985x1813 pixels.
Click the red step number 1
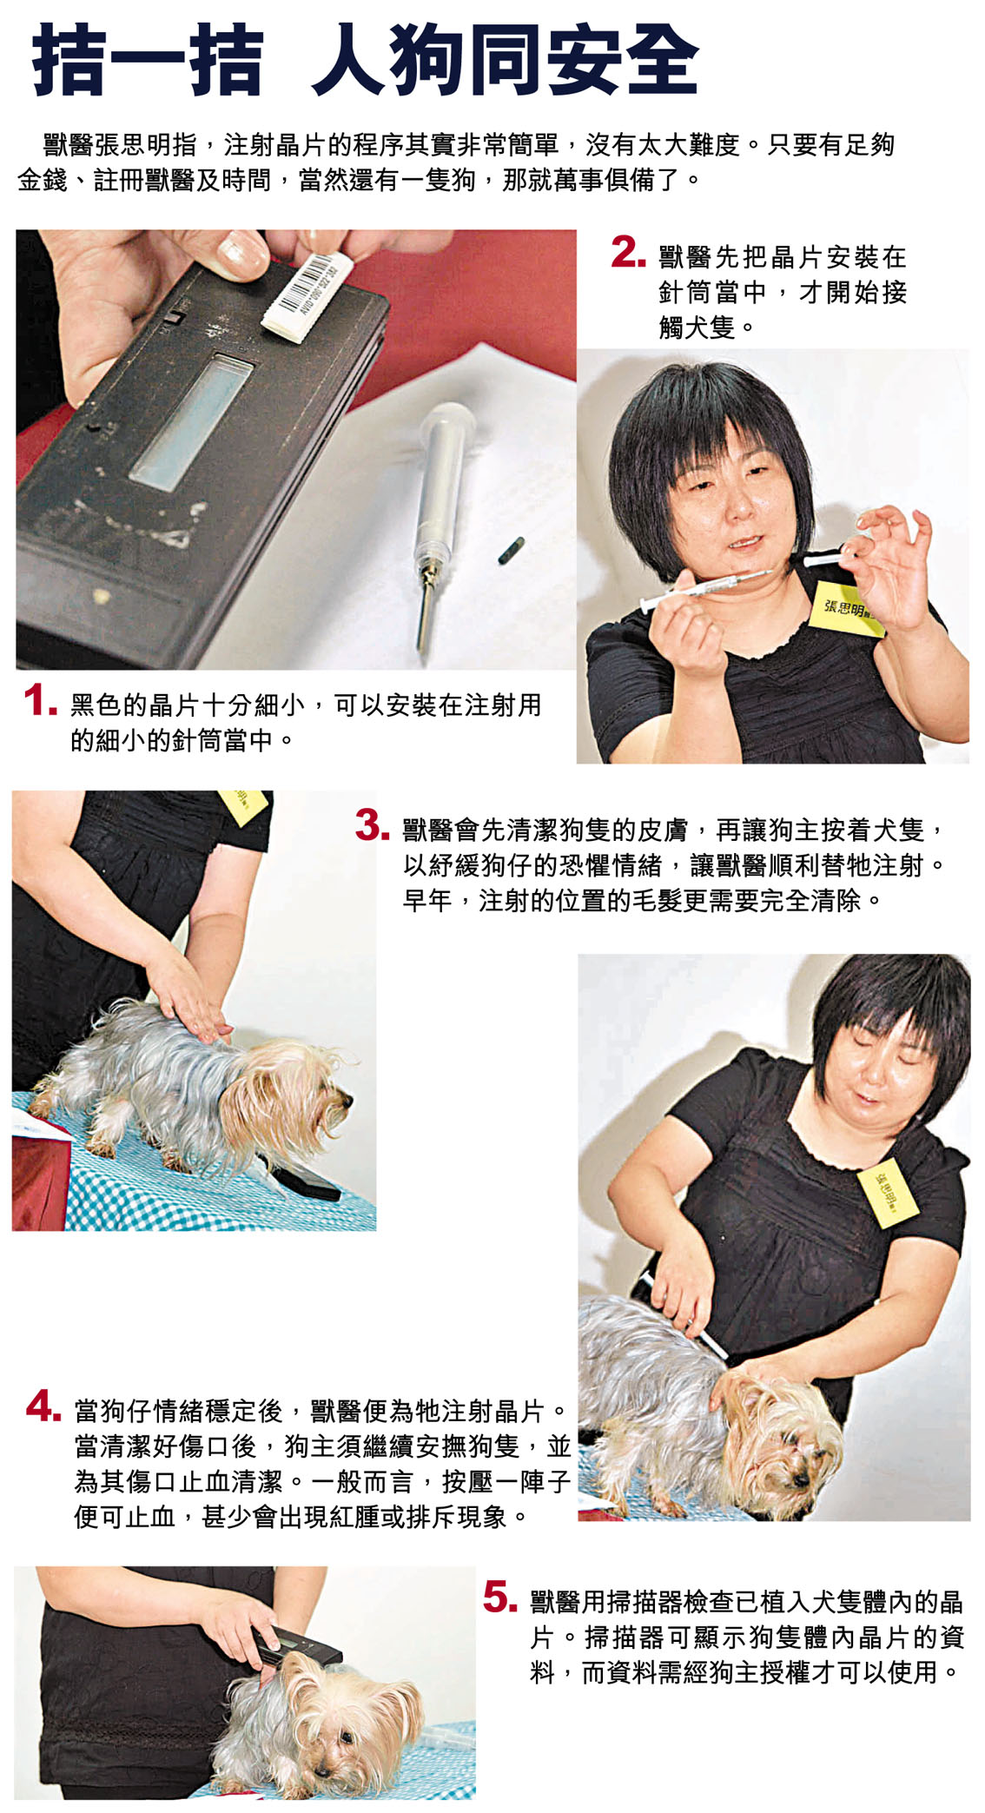point(40,701)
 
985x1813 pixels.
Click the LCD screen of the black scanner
point(191,422)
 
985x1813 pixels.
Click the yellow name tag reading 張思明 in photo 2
point(848,608)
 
